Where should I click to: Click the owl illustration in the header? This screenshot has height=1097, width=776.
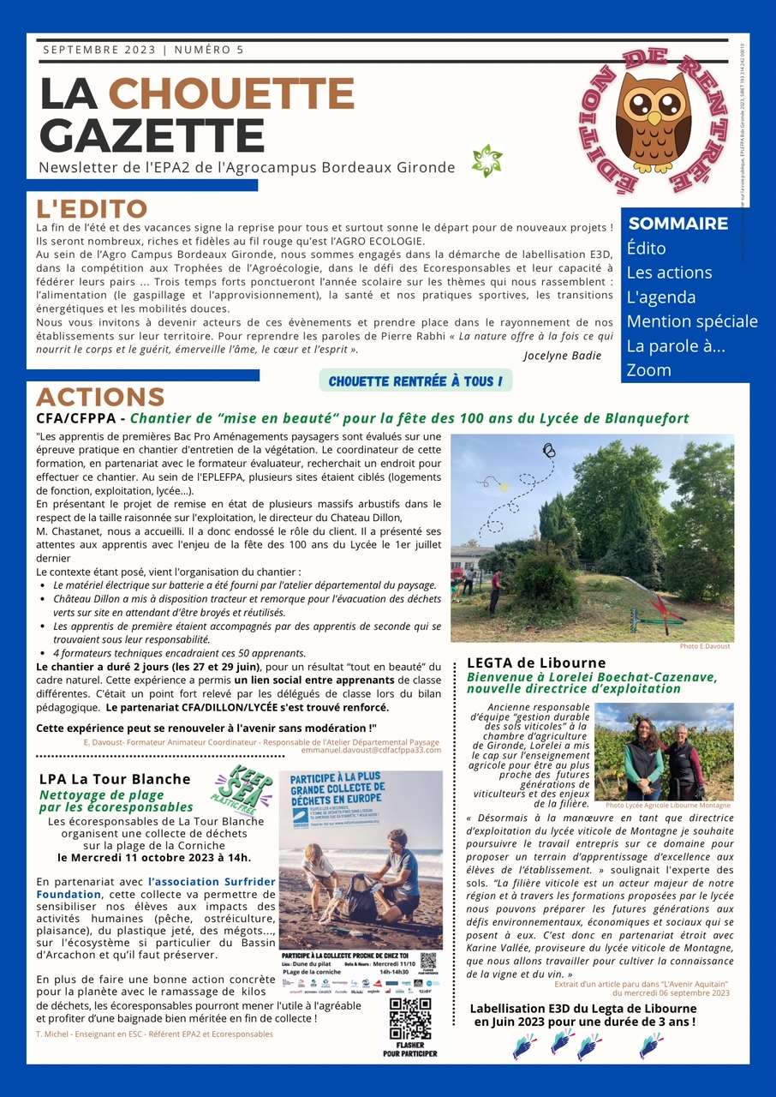[x=653, y=120]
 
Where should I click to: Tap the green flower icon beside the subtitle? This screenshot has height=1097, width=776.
[x=486, y=161]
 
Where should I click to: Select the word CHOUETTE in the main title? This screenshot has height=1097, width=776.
[x=231, y=94]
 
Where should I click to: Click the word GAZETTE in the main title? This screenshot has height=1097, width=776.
[x=152, y=135]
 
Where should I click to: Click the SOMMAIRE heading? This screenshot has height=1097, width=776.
[x=678, y=224]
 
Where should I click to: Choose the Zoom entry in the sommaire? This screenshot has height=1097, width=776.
[x=648, y=370]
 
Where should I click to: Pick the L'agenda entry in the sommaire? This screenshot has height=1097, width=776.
[x=660, y=297]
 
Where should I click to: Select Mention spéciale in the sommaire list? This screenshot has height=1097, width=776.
[x=692, y=321]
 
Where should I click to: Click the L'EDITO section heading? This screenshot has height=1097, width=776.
[x=92, y=208]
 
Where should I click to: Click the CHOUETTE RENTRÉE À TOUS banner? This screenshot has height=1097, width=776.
[x=415, y=381]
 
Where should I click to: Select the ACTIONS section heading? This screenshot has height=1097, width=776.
[x=99, y=397]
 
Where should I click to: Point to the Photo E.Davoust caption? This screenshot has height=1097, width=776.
[x=705, y=645]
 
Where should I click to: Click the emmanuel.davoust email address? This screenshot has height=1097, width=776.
[x=371, y=750]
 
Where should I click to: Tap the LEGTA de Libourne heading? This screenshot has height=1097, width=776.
[x=536, y=662]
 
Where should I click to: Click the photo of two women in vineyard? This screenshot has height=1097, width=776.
[x=664, y=752]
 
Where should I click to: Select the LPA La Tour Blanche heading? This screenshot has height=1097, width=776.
[x=115, y=779]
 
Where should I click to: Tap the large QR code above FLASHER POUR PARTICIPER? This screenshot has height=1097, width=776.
[x=410, y=1018]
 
